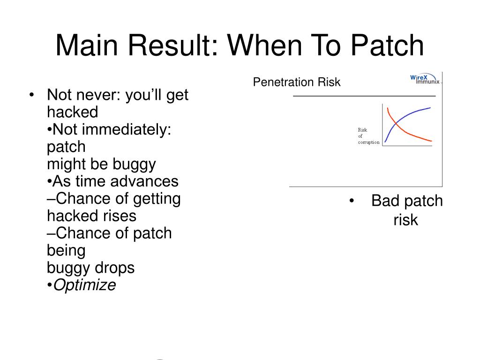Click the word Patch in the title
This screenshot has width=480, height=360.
387,45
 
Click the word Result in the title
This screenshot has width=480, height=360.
172,45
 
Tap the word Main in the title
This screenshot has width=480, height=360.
87,45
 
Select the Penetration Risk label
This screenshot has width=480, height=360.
297,82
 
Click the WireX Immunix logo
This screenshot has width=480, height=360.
425,79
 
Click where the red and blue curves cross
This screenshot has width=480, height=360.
396,123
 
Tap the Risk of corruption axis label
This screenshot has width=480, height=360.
368,136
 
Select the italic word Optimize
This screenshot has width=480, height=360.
84,285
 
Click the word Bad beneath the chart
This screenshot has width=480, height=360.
386,201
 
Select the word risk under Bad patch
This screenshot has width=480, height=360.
405,220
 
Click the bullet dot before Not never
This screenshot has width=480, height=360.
31,95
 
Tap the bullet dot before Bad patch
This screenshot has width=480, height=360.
352,201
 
